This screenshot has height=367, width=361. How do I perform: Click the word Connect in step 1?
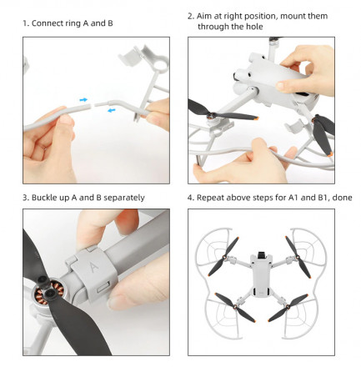[x=48, y=23]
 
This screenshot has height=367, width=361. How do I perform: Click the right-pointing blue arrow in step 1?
[x=83, y=100]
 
